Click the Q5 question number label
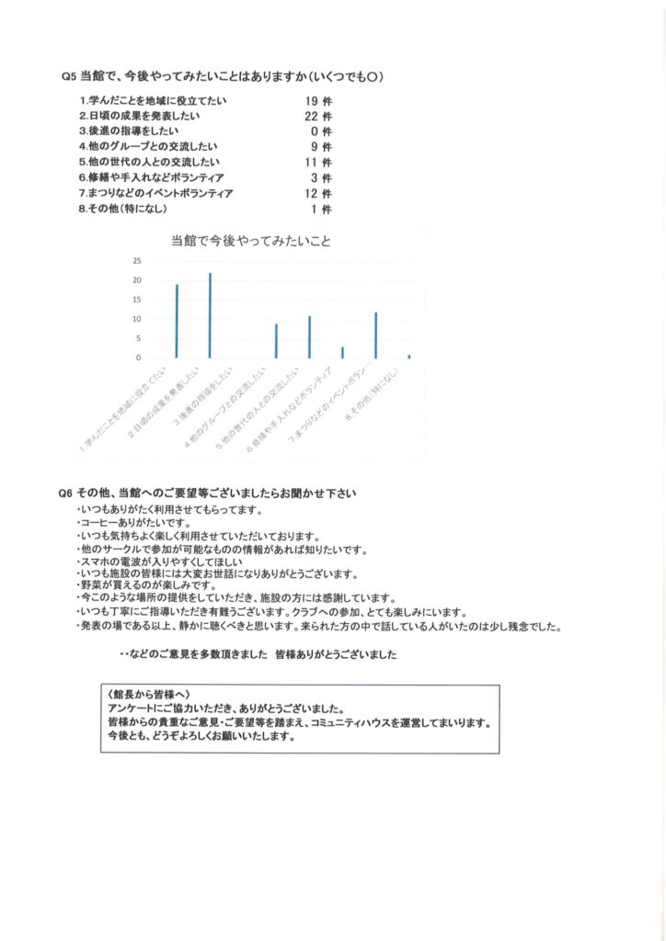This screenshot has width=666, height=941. (x=67, y=76)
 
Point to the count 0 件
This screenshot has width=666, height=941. (x=321, y=131)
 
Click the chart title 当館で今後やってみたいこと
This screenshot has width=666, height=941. (x=250, y=242)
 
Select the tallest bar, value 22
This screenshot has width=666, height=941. (x=210, y=315)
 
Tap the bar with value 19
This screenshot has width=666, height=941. (x=177, y=321)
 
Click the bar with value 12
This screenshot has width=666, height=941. (x=376, y=334)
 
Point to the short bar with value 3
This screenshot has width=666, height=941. (x=342, y=352)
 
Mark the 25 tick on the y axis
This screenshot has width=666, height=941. (x=137, y=261)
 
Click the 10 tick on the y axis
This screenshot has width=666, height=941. (x=137, y=319)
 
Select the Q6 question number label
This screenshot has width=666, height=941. (x=65, y=493)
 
